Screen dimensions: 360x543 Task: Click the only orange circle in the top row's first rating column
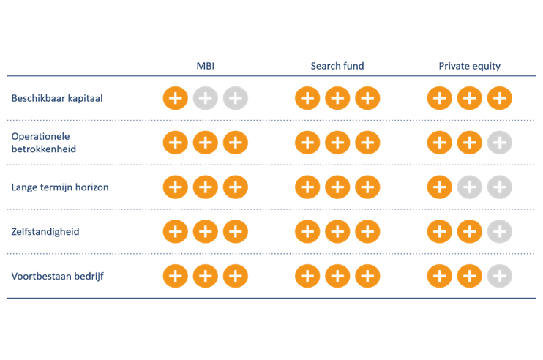click(173, 97)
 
